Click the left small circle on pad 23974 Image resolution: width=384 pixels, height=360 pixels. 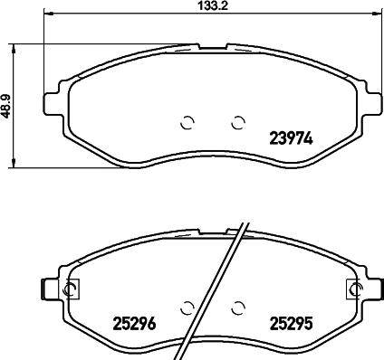tap(187, 123)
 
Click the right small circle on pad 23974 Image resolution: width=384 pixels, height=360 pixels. tap(238, 123)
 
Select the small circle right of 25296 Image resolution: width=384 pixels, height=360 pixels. tap(187, 307)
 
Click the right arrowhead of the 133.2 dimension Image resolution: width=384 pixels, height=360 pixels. tap(375, 15)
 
